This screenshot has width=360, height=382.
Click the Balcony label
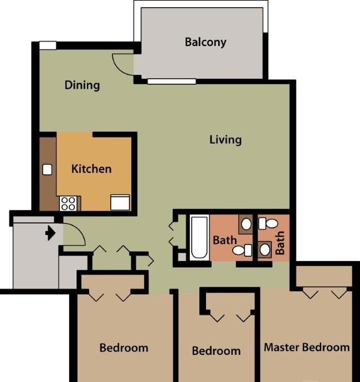click(x=205, y=42)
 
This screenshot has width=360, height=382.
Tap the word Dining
click(x=83, y=85)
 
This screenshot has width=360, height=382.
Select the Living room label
click(x=225, y=140)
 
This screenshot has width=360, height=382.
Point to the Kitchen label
click(x=91, y=169)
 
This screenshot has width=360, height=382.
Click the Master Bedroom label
click(x=307, y=347)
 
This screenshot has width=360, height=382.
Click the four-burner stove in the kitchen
click(x=68, y=203)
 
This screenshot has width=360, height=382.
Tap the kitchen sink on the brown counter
click(x=47, y=170)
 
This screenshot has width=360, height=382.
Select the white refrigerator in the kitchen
click(x=120, y=202)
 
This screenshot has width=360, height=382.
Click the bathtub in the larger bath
click(x=199, y=237)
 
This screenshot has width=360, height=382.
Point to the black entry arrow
click(x=50, y=233)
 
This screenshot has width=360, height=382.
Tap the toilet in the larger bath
click(x=242, y=250)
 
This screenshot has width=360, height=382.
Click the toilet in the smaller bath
click(x=268, y=223)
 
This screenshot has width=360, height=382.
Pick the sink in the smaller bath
click(x=265, y=249)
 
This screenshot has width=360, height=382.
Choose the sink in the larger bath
click(x=246, y=224)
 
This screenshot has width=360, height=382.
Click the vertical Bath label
click(x=280, y=243)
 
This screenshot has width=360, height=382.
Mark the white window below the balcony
click(x=172, y=82)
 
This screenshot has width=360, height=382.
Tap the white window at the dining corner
click(x=48, y=45)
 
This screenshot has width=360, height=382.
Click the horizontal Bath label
click(x=225, y=240)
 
